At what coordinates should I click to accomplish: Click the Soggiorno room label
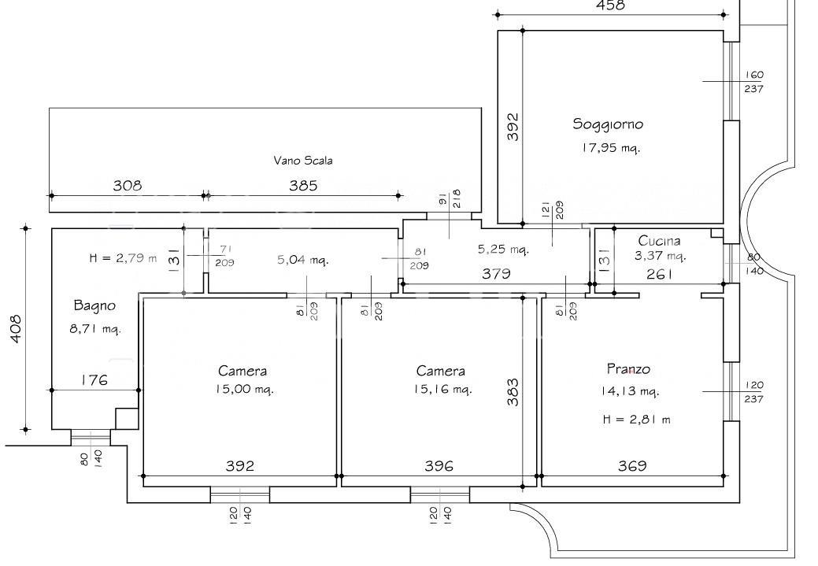tap(608, 124)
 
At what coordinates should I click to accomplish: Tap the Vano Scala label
tap(303, 161)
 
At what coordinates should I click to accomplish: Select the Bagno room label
tap(94, 305)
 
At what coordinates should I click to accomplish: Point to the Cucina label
tap(660, 240)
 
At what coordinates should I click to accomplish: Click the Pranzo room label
tap(628, 369)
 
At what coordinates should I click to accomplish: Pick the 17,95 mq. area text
tap(611, 148)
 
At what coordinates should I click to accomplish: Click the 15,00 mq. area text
tap(244, 389)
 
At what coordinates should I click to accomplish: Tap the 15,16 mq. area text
tap(442, 389)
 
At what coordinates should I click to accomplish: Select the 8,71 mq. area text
tap(95, 329)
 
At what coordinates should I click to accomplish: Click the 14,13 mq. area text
tap(630, 390)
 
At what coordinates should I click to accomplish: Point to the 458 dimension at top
tap(610, 6)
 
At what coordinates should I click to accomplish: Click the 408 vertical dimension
tap(17, 329)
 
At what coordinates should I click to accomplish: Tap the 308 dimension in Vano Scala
tap(128, 185)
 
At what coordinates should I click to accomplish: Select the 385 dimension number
tap(303, 185)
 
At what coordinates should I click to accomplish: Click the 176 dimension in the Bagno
tap(94, 379)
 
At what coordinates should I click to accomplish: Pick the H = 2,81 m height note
tap(636, 420)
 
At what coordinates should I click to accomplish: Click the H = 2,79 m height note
tap(123, 257)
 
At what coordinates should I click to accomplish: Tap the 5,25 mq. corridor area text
tap(503, 250)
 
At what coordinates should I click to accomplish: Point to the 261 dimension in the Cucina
tap(660, 274)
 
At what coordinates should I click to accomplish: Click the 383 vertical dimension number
tap(514, 392)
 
